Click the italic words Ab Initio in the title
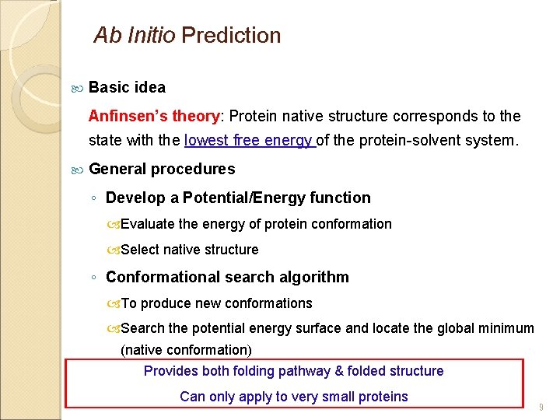pyautogui.click(x=134, y=36)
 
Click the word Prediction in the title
pyautogui.click(x=231, y=36)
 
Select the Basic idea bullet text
pyautogui.click(x=127, y=87)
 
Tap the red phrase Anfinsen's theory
pyautogui.click(x=154, y=117)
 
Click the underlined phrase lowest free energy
pyautogui.click(x=248, y=142)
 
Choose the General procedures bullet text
pyautogui.click(x=162, y=170)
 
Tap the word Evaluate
pyautogui.click(x=148, y=225)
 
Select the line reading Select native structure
pyautogui.click(x=189, y=250)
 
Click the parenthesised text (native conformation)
pyautogui.click(x=186, y=351)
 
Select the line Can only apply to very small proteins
pyautogui.click(x=293, y=397)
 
